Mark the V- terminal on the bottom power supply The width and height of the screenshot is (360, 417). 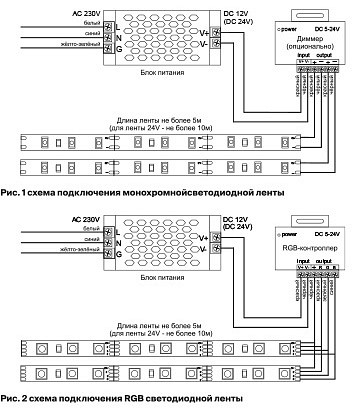203,247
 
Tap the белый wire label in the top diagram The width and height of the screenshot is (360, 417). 91,22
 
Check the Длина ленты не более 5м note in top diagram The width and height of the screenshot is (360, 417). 160,119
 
